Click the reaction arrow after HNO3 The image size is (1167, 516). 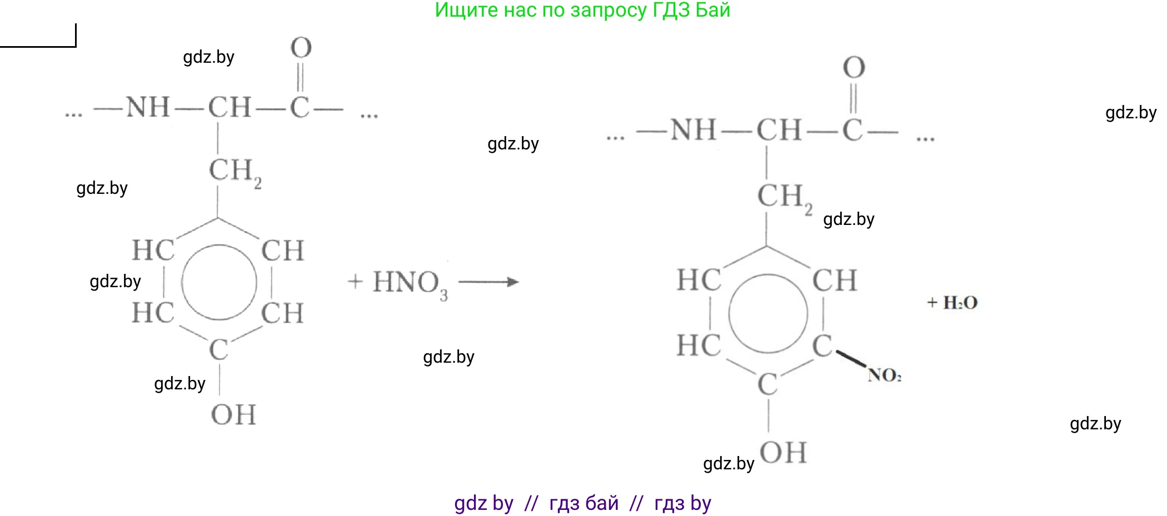(x=488, y=282)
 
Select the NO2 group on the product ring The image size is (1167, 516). (x=884, y=375)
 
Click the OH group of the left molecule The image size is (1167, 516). (x=233, y=415)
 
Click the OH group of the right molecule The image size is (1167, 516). (x=783, y=452)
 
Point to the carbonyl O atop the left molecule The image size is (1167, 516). (x=301, y=48)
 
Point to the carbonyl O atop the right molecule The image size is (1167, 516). (x=854, y=68)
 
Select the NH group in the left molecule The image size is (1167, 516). (x=148, y=107)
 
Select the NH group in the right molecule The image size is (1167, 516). (x=693, y=131)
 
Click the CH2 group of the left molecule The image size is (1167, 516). (x=234, y=171)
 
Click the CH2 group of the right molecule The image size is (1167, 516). (x=784, y=197)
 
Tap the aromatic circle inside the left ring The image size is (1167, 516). (x=219, y=282)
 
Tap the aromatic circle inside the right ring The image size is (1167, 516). (x=768, y=313)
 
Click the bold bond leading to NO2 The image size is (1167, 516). (x=850, y=358)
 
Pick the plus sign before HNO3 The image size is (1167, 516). (x=355, y=282)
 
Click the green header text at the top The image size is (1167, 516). (x=582, y=10)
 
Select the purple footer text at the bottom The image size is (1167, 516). (x=582, y=503)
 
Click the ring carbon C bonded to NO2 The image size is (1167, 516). (x=822, y=346)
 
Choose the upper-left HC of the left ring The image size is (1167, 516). (x=153, y=251)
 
